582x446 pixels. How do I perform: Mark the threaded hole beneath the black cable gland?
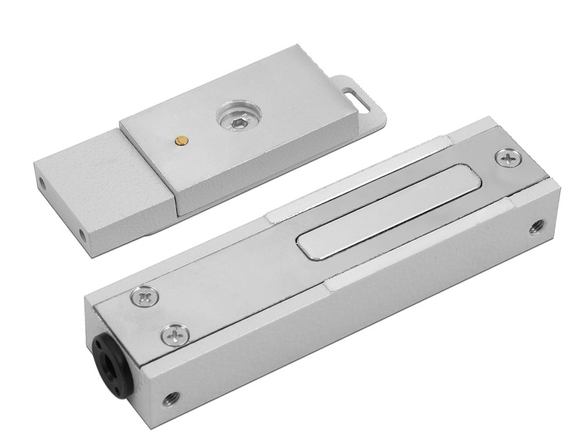click(170, 399)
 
